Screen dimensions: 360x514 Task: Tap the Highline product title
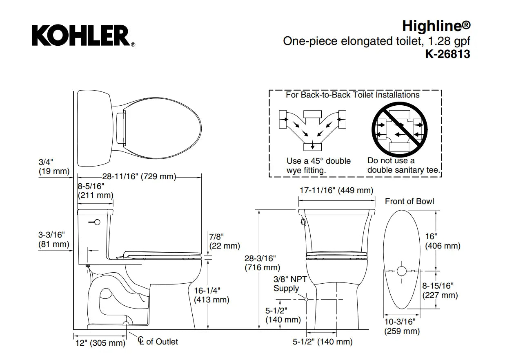click(436, 26)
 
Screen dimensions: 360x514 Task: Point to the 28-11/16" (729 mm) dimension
click(139, 177)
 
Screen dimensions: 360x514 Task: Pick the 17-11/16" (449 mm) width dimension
click(336, 190)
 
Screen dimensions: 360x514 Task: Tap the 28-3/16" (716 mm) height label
click(262, 263)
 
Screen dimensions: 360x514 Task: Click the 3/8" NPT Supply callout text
click(290, 284)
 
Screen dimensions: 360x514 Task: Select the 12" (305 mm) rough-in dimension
click(100, 343)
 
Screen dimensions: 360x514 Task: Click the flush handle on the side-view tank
click(96, 222)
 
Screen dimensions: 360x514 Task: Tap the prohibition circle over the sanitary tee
click(399, 127)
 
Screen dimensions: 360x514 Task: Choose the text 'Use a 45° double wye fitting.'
click(318, 166)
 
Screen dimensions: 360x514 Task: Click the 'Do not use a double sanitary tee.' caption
click(404, 165)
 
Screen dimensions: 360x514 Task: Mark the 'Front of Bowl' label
click(409, 201)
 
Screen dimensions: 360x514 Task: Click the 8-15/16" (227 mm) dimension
click(440, 290)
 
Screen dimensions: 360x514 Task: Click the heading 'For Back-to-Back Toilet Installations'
click(352, 95)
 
